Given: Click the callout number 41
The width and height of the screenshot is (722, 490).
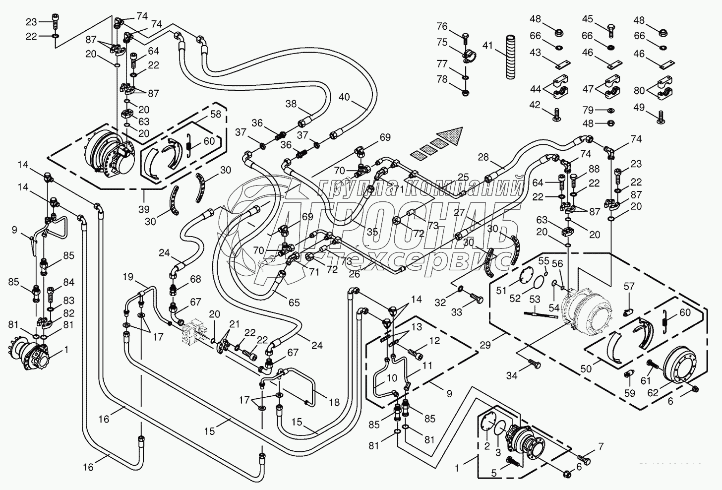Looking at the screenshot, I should click(x=487, y=46).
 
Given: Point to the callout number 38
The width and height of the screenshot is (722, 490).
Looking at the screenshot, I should click(x=291, y=104).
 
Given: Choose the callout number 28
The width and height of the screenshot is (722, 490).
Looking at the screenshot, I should click(x=483, y=158).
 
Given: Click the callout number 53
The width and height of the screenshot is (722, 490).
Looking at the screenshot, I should click(x=535, y=299).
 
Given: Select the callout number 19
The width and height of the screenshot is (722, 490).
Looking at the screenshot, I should click(x=128, y=276).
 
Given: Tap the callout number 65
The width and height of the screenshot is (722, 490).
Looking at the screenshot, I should click(x=294, y=302).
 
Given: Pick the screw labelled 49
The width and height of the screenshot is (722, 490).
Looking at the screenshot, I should click(x=661, y=117).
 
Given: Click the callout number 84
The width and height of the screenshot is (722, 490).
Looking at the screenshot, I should click(x=68, y=283).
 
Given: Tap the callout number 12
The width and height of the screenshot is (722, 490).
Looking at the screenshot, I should click(x=434, y=341).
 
